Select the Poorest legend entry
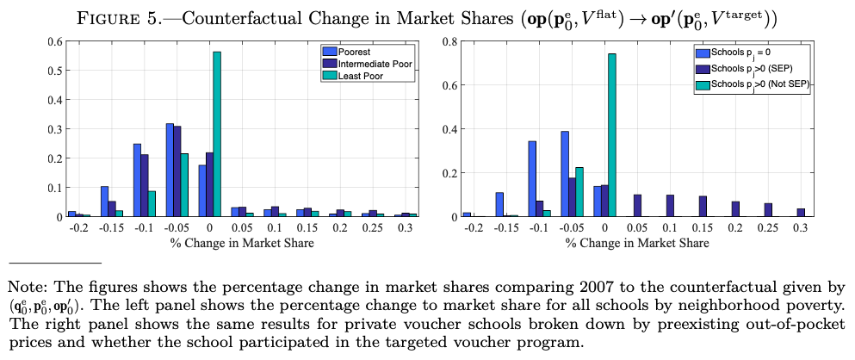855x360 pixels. [x=354, y=51]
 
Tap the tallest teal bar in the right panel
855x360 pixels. [x=612, y=134]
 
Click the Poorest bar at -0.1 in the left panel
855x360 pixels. [x=137, y=180]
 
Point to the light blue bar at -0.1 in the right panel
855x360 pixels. [x=532, y=178]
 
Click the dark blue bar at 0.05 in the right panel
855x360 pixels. [x=637, y=205]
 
